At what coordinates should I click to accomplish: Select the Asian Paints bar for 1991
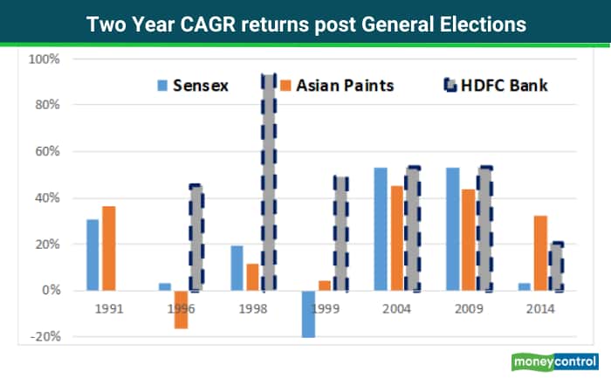(108, 248)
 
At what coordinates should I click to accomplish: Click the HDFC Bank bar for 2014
(556, 267)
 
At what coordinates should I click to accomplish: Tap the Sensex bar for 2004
(381, 229)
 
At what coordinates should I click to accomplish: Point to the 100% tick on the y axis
(44, 59)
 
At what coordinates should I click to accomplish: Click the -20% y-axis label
(44, 336)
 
